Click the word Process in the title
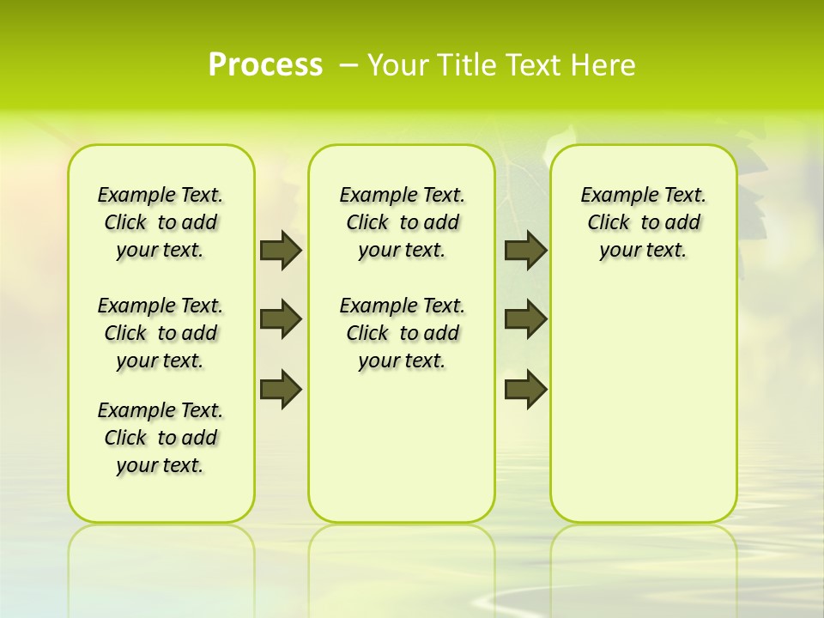pyautogui.click(x=265, y=65)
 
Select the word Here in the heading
pyautogui.click(x=601, y=65)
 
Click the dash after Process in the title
pyautogui.click(x=348, y=66)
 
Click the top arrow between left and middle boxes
pyautogui.click(x=281, y=251)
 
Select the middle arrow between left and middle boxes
pyautogui.click(x=281, y=319)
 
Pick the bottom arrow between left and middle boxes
pyautogui.click(x=281, y=389)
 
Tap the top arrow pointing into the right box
pyautogui.click(x=525, y=251)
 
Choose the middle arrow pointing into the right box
pyautogui.click(x=525, y=319)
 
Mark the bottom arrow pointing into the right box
pyautogui.click(x=525, y=389)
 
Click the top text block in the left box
pyautogui.click(x=161, y=222)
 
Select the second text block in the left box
pyautogui.click(x=161, y=333)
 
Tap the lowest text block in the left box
pyautogui.click(x=161, y=438)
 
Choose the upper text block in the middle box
pyautogui.click(x=403, y=222)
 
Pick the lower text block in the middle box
pyautogui.click(x=403, y=333)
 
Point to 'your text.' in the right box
pyautogui.click(x=643, y=251)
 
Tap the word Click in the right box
pyautogui.click(x=609, y=223)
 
